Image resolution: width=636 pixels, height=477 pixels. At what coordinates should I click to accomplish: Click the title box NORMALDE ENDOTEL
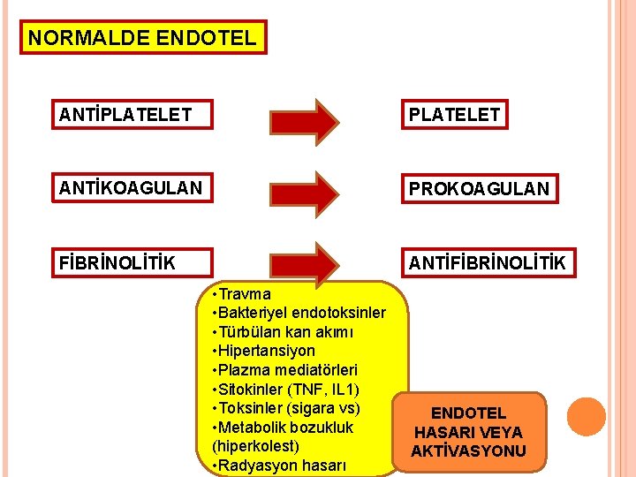coord(143,38)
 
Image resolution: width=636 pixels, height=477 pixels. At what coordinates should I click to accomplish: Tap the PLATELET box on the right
coord(454,114)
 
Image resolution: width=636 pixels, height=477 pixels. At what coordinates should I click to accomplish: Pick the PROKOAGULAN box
coord(478,188)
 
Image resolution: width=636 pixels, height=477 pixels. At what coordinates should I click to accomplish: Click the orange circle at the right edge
coord(586,416)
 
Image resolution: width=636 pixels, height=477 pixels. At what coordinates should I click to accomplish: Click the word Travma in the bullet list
coord(246,293)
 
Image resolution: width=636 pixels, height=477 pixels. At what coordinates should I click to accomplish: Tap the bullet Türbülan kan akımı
coord(283,332)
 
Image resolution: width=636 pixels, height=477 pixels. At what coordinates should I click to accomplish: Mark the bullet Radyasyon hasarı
coord(276,466)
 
